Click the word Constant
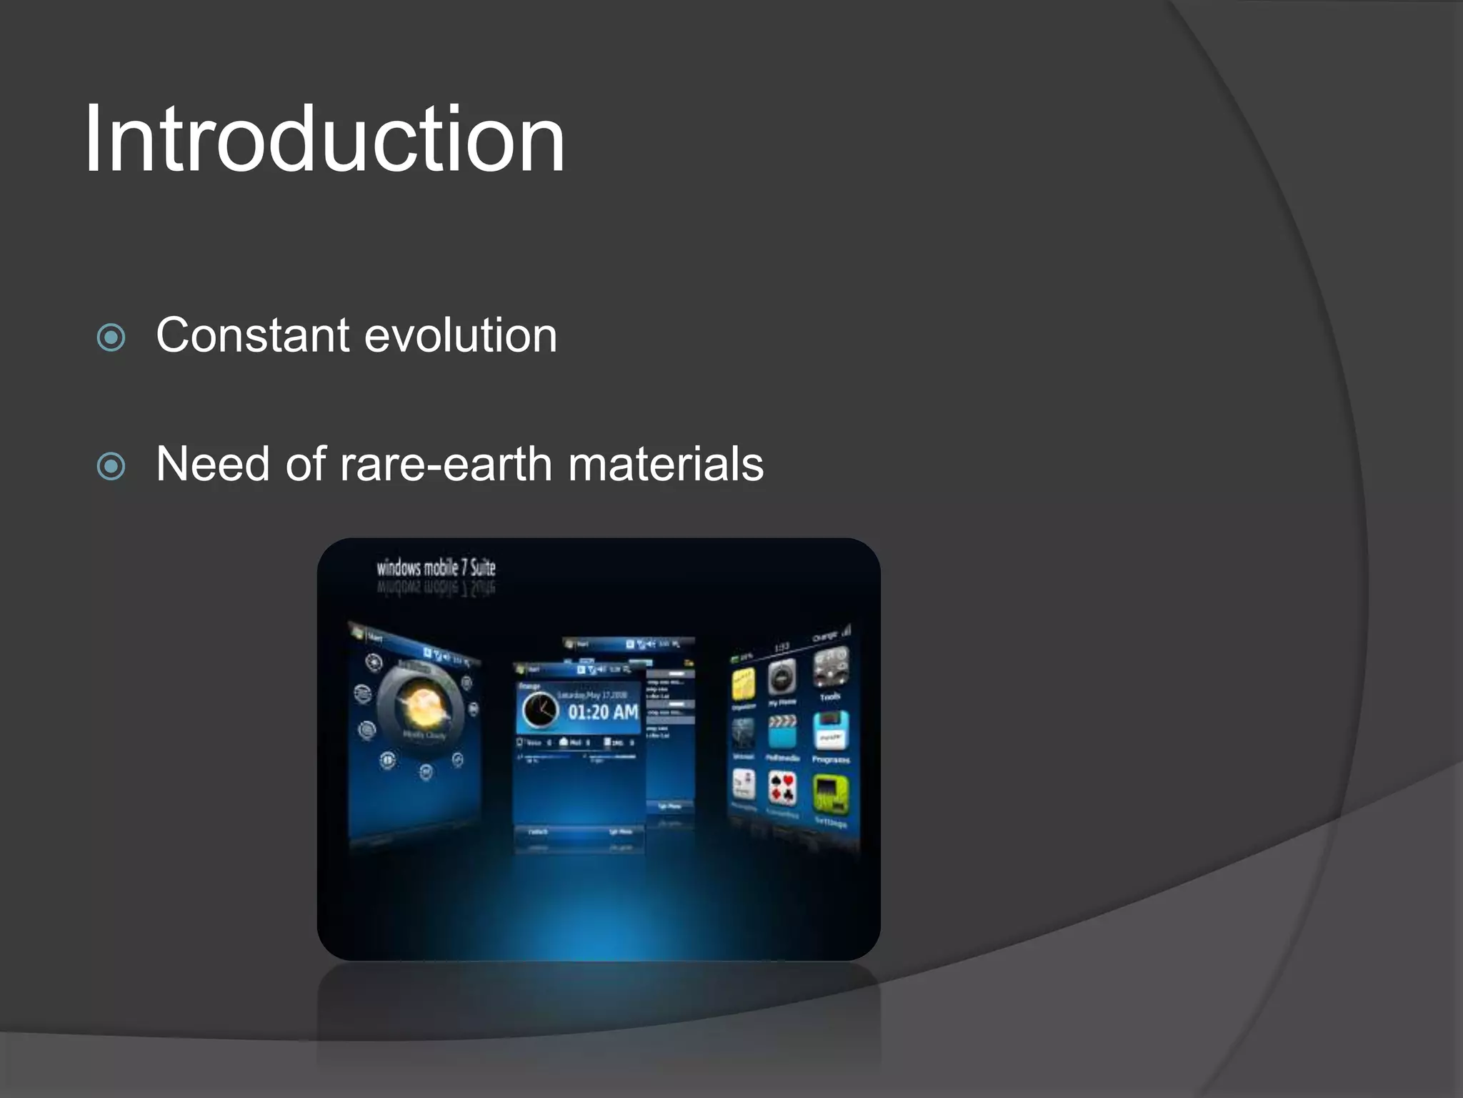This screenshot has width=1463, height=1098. tap(253, 335)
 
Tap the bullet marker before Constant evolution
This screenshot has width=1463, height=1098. tap(111, 337)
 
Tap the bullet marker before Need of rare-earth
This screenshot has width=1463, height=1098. tap(111, 467)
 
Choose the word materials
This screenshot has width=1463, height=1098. tap(666, 465)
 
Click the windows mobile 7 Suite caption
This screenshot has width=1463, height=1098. tap(436, 568)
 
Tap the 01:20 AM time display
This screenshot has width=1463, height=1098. tap(603, 712)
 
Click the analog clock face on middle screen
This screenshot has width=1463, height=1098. tap(540, 711)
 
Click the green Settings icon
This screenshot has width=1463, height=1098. tap(831, 794)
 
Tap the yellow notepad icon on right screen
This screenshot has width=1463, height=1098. tap(743, 685)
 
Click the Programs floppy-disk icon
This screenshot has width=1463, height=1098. tap(831, 731)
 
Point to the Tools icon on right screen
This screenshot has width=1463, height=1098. tap(831, 668)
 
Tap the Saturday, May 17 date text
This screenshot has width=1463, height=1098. tap(592, 695)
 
